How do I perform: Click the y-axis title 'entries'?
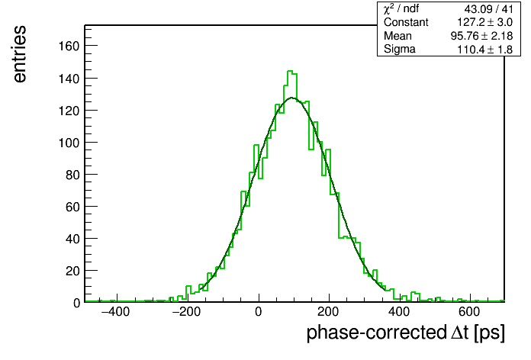pyautogui.click(x=20, y=54)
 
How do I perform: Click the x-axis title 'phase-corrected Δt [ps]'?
pyautogui.click(x=405, y=333)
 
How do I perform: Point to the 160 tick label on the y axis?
pyautogui.click(x=69, y=46)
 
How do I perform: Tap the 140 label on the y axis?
pyautogui.click(x=69, y=79)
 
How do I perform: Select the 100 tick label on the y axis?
pyautogui.click(x=69, y=143)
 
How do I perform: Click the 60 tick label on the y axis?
pyautogui.click(x=72, y=207)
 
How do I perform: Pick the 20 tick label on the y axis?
pyautogui.click(x=72, y=271)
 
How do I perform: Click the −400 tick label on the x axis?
pyautogui.click(x=115, y=312)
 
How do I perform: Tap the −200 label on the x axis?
pyautogui.click(x=186, y=312)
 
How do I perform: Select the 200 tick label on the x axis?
pyautogui.click(x=328, y=312)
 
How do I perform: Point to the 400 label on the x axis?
pyautogui.click(x=399, y=312)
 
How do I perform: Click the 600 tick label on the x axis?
pyautogui.click(x=469, y=312)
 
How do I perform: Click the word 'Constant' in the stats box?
pyautogui.click(x=406, y=22)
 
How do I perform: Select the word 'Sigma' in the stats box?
pyautogui.click(x=400, y=50)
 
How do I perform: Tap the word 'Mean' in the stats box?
pyautogui.click(x=397, y=36)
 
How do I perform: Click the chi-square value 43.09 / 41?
pyautogui.click(x=489, y=9)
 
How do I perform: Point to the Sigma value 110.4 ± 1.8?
pyautogui.click(x=485, y=50)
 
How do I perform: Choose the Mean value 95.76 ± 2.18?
pyautogui.click(x=481, y=36)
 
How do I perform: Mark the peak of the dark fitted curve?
pyautogui.click(x=292, y=98)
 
